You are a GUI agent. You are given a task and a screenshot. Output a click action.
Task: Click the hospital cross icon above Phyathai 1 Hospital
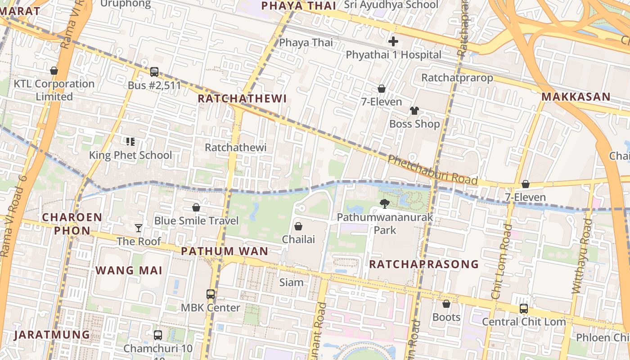click(x=393, y=42)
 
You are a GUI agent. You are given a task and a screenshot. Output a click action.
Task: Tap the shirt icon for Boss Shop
click(x=414, y=111)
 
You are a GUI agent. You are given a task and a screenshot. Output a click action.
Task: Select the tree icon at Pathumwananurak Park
click(x=385, y=204)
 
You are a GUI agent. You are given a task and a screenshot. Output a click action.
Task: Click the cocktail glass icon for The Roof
click(x=139, y=228)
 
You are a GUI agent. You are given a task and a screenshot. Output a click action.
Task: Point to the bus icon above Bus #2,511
click(x=154, y=72)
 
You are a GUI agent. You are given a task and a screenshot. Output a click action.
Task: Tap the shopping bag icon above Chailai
click(x=298, y=226)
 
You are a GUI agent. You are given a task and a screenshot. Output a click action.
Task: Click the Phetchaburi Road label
click(x=432, y=170)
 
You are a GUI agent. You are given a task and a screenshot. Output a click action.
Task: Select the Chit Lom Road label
click(x=502, y=261)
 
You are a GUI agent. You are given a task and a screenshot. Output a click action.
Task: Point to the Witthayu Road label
click(x=582, y=256)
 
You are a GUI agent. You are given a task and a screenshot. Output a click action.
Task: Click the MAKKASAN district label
click(x=576, y=97)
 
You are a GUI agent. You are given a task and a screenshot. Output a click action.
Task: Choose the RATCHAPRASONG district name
click(x=423, y=264)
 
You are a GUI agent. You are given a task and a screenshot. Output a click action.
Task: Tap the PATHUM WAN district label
click(x=225, y=251)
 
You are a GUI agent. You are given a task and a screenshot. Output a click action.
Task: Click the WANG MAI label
click(x=129, y=270)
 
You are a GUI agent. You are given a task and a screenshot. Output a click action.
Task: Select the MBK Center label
click(x=210, y=308)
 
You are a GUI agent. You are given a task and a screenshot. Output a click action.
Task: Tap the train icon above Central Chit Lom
click(x=524, y=309)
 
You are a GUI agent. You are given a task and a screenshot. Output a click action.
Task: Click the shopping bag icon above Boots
click(x=446, y=304)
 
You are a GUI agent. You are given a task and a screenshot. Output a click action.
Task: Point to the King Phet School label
click(x=130, y=155)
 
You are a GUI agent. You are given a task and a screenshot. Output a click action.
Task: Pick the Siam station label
click(x=292, y=283)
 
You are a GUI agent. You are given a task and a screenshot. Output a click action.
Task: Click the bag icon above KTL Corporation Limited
click(x=54, y=71)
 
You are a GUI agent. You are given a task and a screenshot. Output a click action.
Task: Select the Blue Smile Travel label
click(x=196, y=220)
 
